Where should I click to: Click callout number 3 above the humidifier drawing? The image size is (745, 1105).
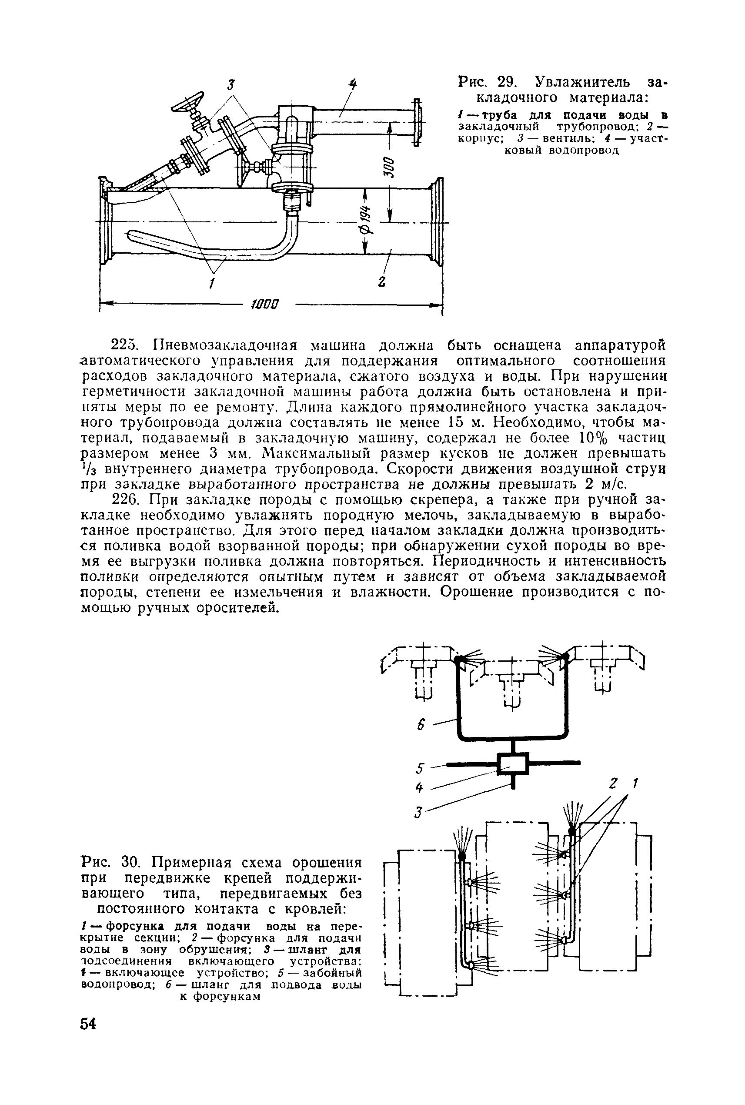[231, 86]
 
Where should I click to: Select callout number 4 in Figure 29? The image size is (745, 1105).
[353, 84]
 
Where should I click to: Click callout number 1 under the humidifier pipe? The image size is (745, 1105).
[212, 284]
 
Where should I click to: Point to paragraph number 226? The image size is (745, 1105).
[124, 499]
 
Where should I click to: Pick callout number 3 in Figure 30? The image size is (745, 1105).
[418, 812]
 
